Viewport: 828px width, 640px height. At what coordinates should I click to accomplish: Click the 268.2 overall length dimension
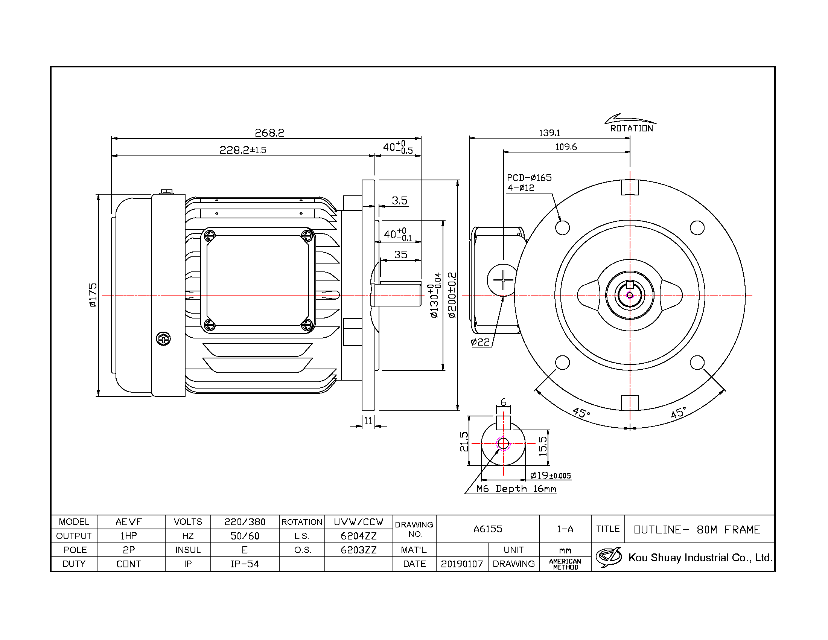pyautogui.click(x=269, y=133)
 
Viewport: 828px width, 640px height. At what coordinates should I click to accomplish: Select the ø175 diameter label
pyautogui.click(x=93, y=295)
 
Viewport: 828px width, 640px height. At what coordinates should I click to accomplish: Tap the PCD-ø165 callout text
pyautogui.click(x=529, y=178)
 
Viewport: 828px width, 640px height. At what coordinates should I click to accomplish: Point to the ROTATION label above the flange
pyautogui.click(x=632, y=128)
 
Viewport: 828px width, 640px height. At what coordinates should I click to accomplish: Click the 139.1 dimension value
pyautogui.click(x=549, y=133)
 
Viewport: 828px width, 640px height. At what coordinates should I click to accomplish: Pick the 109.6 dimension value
pyautogui.click(x=566, y=147)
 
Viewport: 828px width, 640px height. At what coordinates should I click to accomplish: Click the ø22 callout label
pyautogui.click(x=480, y=342)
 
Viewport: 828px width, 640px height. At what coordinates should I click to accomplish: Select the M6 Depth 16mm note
pyautogui.click(x=516, y=489)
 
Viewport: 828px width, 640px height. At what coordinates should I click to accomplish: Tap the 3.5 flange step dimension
pyautogui.click(x=400, y=201)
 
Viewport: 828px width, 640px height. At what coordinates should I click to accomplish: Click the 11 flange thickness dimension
pyautogui.click(x=368, y=421)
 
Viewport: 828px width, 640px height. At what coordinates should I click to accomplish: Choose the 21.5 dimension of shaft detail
pyautogui.click(x=464, y=442)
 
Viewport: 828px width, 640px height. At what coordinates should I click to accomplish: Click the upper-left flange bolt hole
pyautogui.click(x=562, y=228)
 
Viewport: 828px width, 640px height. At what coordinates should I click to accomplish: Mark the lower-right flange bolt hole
pyautogui.click(x=697, y=363)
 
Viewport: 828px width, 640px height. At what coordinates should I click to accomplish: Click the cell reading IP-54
pyautogui.click(x=245, y=564)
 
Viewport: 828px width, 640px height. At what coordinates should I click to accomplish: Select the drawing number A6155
pyautogui.click(x=488, y=529)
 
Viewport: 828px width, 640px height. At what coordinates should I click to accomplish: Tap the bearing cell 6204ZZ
pyautogui.click(x=359, y=536)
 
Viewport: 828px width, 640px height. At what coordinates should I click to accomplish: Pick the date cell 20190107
pyautogui.click(x=462, y=564)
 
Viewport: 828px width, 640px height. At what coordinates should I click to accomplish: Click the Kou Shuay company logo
pyautogui.click(x=609, y=557)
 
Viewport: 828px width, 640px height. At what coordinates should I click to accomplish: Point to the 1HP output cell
pyautogui.click(x=129, y=536)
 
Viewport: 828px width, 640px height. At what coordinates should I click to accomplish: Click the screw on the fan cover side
pyautogui.click(x=163, y=338)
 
